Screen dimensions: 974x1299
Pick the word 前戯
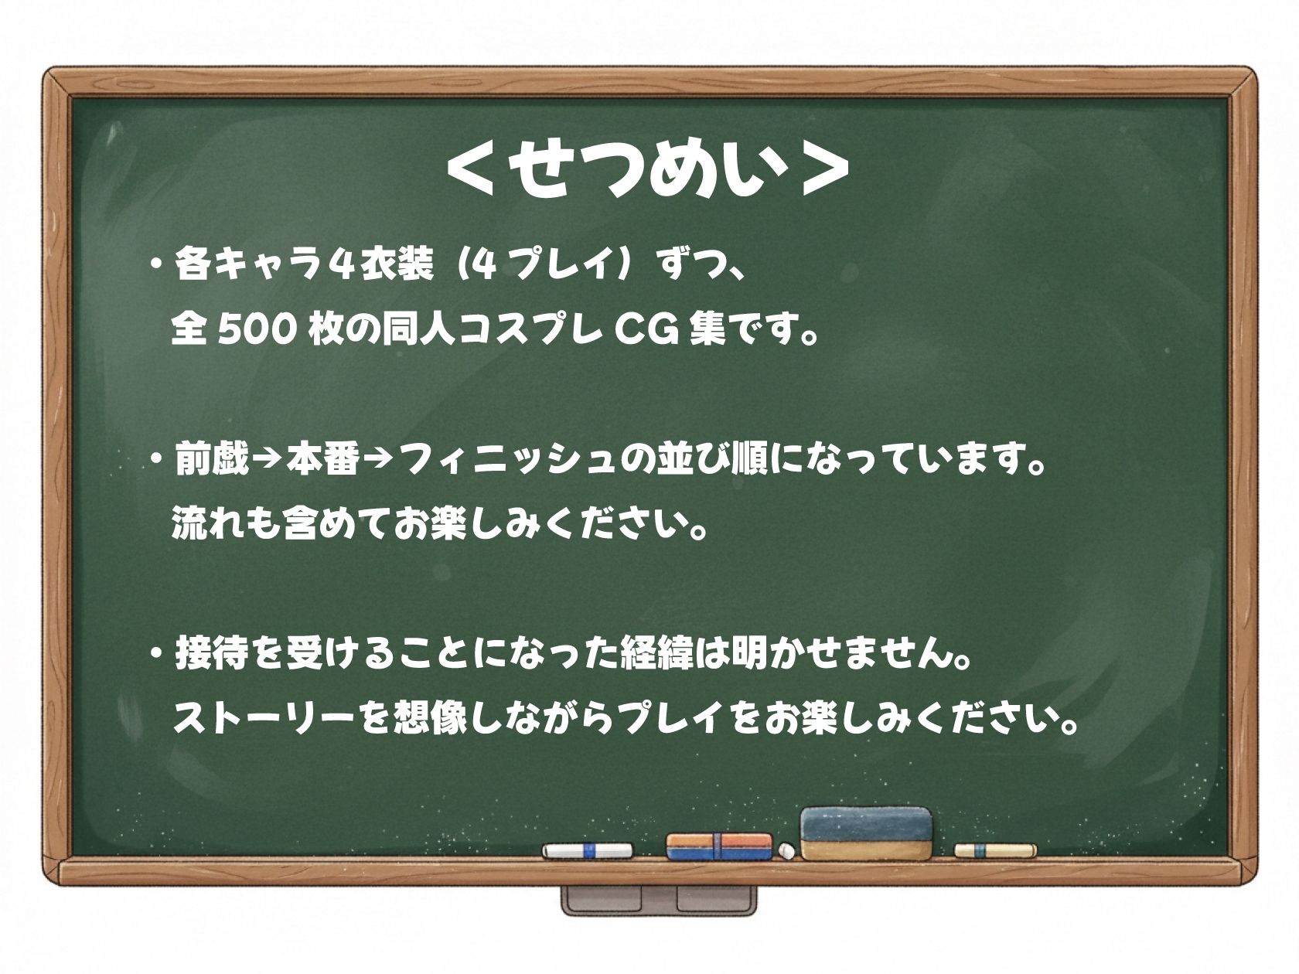click(211, 462)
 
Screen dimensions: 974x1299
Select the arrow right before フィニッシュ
click(379, 462)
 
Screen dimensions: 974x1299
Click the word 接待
click(212, 656)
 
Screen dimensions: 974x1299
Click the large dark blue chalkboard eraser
click(866, 833)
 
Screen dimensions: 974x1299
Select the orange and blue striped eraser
click(719, 846)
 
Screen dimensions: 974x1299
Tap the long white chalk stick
click(587, 851)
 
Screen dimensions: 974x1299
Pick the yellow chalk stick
click(995, 850)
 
